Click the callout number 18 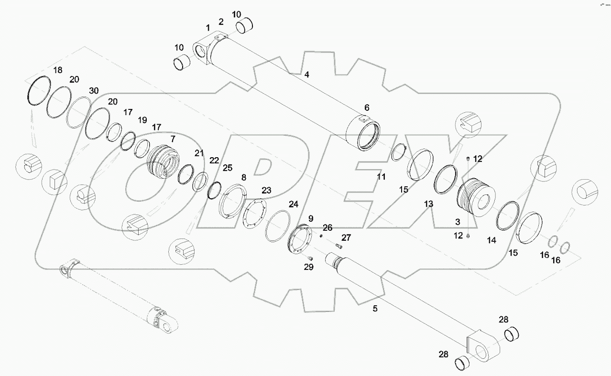click(x=57, y=70)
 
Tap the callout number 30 click(x=94, y=91)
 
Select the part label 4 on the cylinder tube click(x=306, y=75)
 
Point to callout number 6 click(x=367, y=107)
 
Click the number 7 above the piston click(x=173, y=139)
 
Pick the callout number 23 click(x=266, y=190)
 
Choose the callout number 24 click(x=293, y=204)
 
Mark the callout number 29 click(x=309, y=267)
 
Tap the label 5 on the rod click(x=375, y=309)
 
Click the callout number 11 click(x=381, y=177)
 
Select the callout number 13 click(x=428, y=204)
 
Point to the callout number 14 click(x=491, y=241)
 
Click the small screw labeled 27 click(x=339, y=247)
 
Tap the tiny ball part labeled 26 click(x=321, y=235)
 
